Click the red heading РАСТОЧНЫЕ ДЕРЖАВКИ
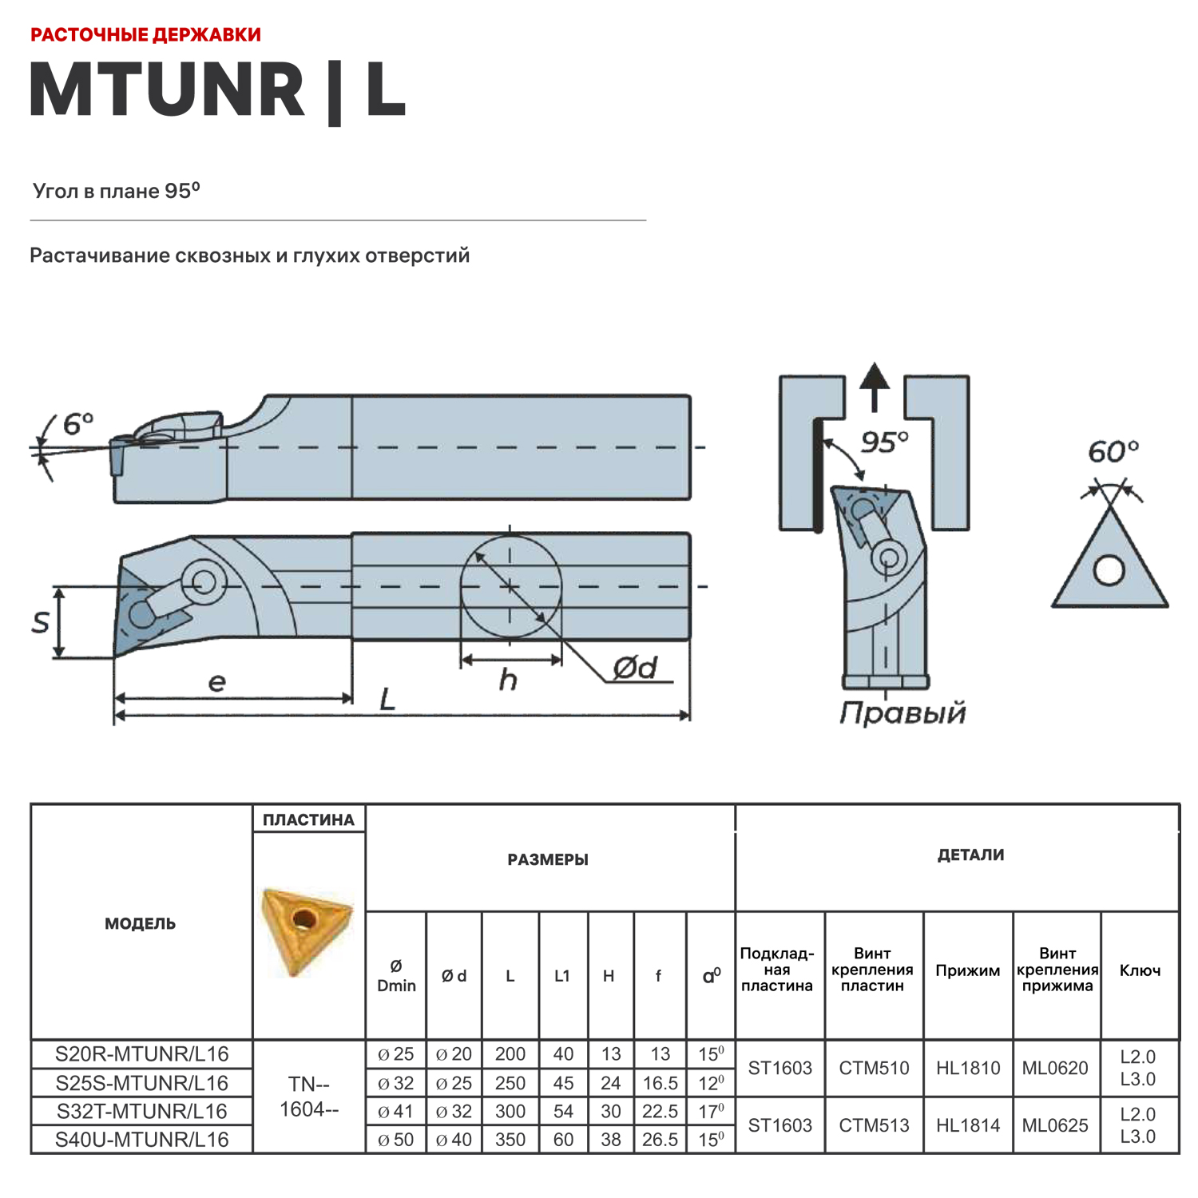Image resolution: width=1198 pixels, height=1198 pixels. pos(145,35)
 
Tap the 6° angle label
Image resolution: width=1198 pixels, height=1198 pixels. pos(77,424)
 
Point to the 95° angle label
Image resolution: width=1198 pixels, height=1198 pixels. pos(884,442)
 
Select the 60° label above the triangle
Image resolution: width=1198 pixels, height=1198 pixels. pos(1113,452)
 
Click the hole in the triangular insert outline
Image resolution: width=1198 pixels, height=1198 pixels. pos(1109,570)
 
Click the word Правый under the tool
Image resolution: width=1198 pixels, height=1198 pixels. pos(902,712)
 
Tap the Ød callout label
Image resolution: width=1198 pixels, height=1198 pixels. pos(635,668)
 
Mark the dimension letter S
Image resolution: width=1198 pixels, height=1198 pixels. pos(41,623)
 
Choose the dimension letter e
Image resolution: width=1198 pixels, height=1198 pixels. pos(216,682)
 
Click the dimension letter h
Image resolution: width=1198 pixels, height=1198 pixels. pos(508,680)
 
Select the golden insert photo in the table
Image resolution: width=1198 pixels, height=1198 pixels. pos(306,930)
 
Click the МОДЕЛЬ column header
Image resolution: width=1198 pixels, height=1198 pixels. pos(141,924)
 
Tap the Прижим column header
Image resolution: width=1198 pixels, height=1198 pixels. pos(967,971)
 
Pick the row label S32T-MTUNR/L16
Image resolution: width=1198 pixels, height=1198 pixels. pos(141,1111)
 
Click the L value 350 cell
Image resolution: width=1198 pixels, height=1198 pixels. pos(510,1140)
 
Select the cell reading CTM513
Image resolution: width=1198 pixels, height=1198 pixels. pos(874,1125)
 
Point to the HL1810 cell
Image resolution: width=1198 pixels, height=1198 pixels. pos(968,1068)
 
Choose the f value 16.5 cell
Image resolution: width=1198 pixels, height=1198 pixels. pos(660,1083)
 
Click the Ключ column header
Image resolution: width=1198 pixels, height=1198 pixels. pos(1140,971)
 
